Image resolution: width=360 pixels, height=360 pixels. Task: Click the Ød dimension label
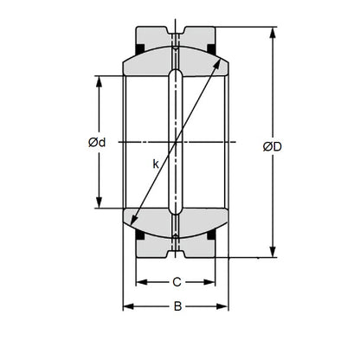96,143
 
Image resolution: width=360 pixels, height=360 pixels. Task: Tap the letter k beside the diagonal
155,162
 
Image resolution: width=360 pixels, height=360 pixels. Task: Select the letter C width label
176,281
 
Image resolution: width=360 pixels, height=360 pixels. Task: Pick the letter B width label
176,305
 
